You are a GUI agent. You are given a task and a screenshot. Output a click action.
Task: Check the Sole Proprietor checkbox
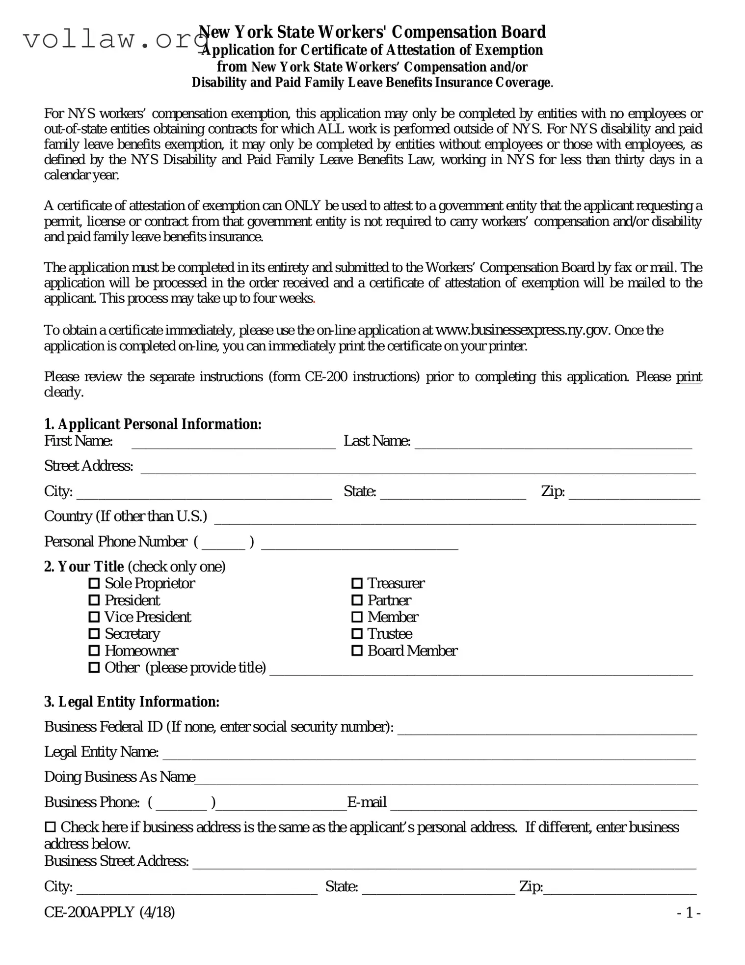click(94, 584)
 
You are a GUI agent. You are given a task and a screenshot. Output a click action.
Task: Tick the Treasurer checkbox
click(357, 584)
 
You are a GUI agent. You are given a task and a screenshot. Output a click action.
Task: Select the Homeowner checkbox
click(94, 651)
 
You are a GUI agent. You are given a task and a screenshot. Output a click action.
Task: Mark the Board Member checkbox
click(357, 651)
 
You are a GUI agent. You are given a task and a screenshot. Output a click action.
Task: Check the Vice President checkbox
click(94, 617)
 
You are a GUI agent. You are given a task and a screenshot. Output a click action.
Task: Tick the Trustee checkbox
click(357, 634)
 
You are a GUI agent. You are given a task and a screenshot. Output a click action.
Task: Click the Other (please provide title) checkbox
click(94, 668)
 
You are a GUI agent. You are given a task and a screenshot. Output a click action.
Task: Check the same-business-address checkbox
click(50, 827)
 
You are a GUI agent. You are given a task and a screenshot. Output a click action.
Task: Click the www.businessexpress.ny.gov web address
click(523, 330)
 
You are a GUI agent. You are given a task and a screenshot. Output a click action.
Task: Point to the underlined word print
click(689, 377)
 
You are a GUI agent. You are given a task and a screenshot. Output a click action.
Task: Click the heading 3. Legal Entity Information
click(132, 702)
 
